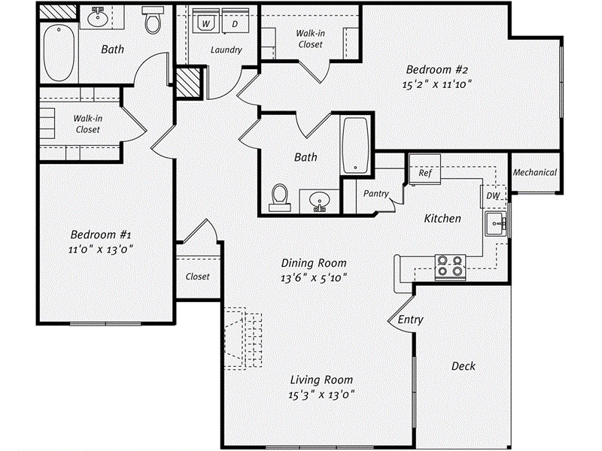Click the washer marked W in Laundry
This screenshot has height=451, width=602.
click(205, 24)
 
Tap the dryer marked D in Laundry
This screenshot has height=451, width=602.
click(235, 24)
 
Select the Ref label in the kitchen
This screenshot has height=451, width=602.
click(424, 173)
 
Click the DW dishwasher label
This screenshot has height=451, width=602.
click(493, 195)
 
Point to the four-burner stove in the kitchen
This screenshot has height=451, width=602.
click(450, 267)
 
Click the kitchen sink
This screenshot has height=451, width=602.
click(494, 222)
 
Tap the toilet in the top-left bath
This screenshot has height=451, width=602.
click(154, 21)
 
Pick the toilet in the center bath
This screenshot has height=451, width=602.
click(280, 195)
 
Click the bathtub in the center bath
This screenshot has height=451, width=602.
click(354, 144)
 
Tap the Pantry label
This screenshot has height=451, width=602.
click(375, 194)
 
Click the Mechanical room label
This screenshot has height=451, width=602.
click(534, 172)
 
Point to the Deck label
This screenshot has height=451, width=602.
click(463, 366)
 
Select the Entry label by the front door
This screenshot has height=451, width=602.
click(411, 319)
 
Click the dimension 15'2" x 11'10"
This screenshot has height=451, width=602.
click(436, 84)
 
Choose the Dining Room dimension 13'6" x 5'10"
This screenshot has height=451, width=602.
click(314, 277)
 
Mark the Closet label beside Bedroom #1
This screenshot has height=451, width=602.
click(197, 277)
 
